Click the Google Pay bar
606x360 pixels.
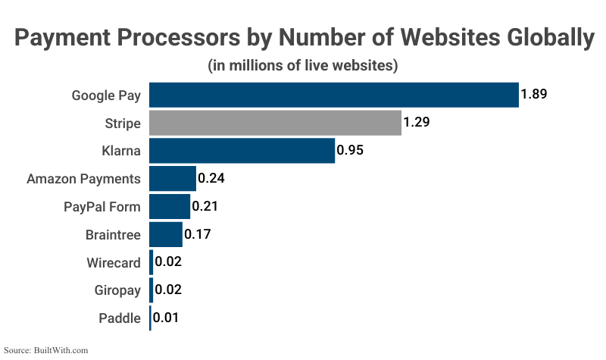333,95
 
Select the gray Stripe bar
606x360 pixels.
275,123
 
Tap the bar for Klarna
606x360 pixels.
242,150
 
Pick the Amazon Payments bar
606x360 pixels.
173,179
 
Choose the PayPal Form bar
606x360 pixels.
170,206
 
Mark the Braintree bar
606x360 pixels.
166,234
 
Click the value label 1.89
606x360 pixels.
534,95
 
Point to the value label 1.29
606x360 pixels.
417,123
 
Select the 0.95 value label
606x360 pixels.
350,150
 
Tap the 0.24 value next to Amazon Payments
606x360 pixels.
211,179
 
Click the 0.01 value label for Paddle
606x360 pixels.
167,318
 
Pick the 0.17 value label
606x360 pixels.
198,234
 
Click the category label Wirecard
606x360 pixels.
114,263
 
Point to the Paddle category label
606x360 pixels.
120,318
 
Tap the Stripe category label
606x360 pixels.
123,123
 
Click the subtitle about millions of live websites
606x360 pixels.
303,66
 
